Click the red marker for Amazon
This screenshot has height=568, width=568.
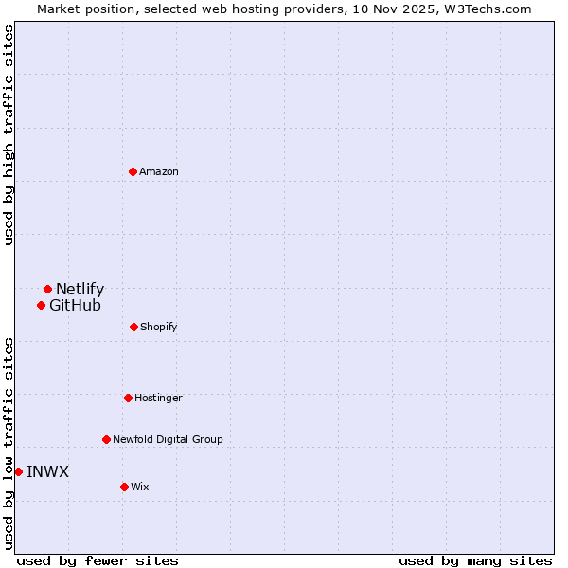point(133,171)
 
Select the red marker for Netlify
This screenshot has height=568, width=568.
point(47,289)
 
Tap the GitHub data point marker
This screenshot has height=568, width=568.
point(41,305)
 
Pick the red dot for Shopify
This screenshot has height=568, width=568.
point(133,327)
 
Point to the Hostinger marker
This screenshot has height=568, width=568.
point(128,398)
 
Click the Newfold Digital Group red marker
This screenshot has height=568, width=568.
point(106,439)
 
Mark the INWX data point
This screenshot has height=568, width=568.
point(18,471)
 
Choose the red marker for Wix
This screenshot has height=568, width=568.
point(124,487)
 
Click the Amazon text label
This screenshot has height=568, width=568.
point(159,171)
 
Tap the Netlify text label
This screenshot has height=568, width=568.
point(80,289)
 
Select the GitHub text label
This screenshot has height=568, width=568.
point(75,305)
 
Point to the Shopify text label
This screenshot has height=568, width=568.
point(158,327)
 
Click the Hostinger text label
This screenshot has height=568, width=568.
point(158,398)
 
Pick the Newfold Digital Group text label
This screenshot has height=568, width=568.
point(168,439)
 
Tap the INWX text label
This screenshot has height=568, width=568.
point(47,471)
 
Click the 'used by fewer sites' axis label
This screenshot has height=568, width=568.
point(98,560)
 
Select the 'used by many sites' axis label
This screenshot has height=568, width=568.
point(475,560)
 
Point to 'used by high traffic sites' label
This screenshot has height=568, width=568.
point(9,134)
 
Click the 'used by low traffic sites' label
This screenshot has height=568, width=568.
point(9,443)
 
